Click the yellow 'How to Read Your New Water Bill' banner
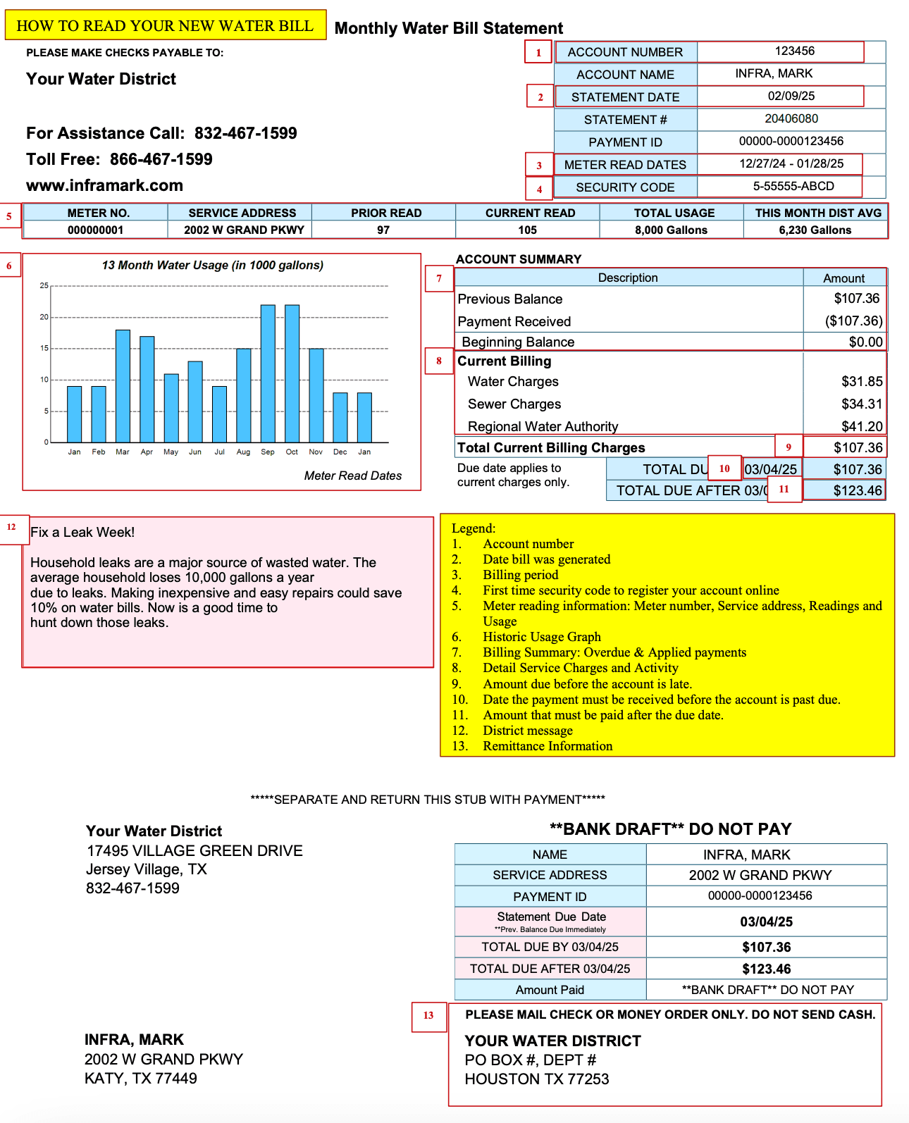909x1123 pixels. (x=165, y=25)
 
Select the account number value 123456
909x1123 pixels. (x=794, y=51)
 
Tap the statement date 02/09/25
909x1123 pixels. (x=791, y=97)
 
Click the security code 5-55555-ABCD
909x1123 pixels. (x=793, y=187)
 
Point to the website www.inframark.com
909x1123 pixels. (x=104, y=186)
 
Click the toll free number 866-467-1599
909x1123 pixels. (x=161, y=160)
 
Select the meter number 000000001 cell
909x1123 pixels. (x=95, y=230)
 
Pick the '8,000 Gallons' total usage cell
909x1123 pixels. (x=671, y=230)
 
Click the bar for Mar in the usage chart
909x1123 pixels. (x=123, y=386)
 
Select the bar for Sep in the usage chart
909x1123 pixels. (x=268, y=373)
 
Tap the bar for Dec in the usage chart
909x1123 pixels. (x=340, y=417)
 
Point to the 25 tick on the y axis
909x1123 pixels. (x=44, y=286)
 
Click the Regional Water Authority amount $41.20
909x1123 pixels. (x=861, y=427)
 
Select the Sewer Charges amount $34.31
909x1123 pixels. (x=861, y=404)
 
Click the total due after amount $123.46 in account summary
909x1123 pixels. (x=857, y=491)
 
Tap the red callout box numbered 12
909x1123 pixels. (x=12, y=528)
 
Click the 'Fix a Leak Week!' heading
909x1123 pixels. (x=82, y=533)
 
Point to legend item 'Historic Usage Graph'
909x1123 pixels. (x=541, y=637)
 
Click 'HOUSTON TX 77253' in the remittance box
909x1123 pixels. (x=536, y=1079)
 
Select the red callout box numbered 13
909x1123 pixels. (x=428, y=1016)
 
